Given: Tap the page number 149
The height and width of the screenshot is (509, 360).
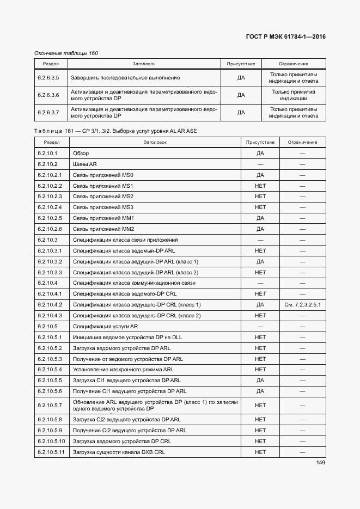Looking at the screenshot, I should (321, 463).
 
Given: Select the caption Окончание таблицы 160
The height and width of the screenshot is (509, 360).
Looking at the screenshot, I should (66, 53).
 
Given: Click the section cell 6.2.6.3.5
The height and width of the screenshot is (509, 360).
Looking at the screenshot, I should (48, 78).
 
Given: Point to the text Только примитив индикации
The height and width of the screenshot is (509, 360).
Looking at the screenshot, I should (294, 95).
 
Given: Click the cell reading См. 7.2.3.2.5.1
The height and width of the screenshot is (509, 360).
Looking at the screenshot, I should (302, 305).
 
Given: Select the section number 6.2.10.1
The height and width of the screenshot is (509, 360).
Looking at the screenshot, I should (47, 154).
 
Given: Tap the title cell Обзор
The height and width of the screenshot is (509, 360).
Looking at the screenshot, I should (81, 154).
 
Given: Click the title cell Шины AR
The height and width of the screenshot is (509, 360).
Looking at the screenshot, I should (85, 164).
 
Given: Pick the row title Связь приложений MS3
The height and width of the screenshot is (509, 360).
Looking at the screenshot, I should (103, 207).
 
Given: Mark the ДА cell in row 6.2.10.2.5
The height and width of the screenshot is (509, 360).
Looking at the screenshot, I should (260, 218).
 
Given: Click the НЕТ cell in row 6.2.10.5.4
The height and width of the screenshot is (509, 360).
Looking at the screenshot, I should (260, 370).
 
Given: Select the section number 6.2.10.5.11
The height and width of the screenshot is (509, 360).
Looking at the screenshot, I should (51, 452).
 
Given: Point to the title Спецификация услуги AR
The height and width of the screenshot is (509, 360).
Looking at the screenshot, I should (105, 327).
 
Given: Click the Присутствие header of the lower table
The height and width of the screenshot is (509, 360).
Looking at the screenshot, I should (260, 142).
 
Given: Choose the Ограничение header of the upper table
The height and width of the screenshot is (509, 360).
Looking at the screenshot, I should (294, 64).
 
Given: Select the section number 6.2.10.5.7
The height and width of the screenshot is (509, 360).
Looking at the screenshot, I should (50, 406).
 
